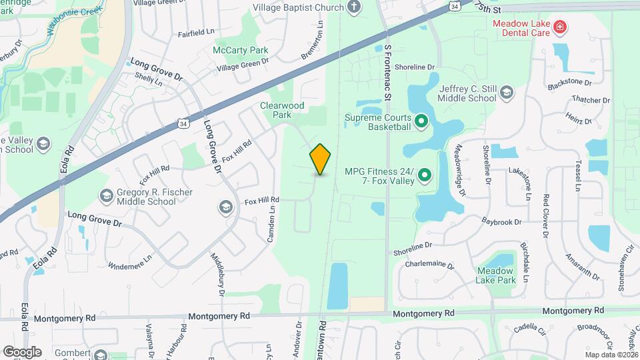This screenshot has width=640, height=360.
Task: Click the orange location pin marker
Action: tap(321, 159)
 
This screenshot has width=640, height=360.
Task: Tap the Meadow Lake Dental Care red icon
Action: tap(561, 27)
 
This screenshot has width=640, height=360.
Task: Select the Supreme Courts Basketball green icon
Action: tap(421, 121)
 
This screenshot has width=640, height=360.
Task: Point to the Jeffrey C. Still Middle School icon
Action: tap(507, 92)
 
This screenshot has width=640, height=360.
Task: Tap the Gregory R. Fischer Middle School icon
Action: tap(105, 196)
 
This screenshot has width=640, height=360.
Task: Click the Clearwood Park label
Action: tap(282, 110)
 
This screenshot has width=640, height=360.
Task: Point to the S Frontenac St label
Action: tap(387, 73)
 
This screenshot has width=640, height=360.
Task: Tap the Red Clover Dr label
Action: tap(545, 216)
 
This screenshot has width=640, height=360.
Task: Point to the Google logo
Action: tap(22, 351)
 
